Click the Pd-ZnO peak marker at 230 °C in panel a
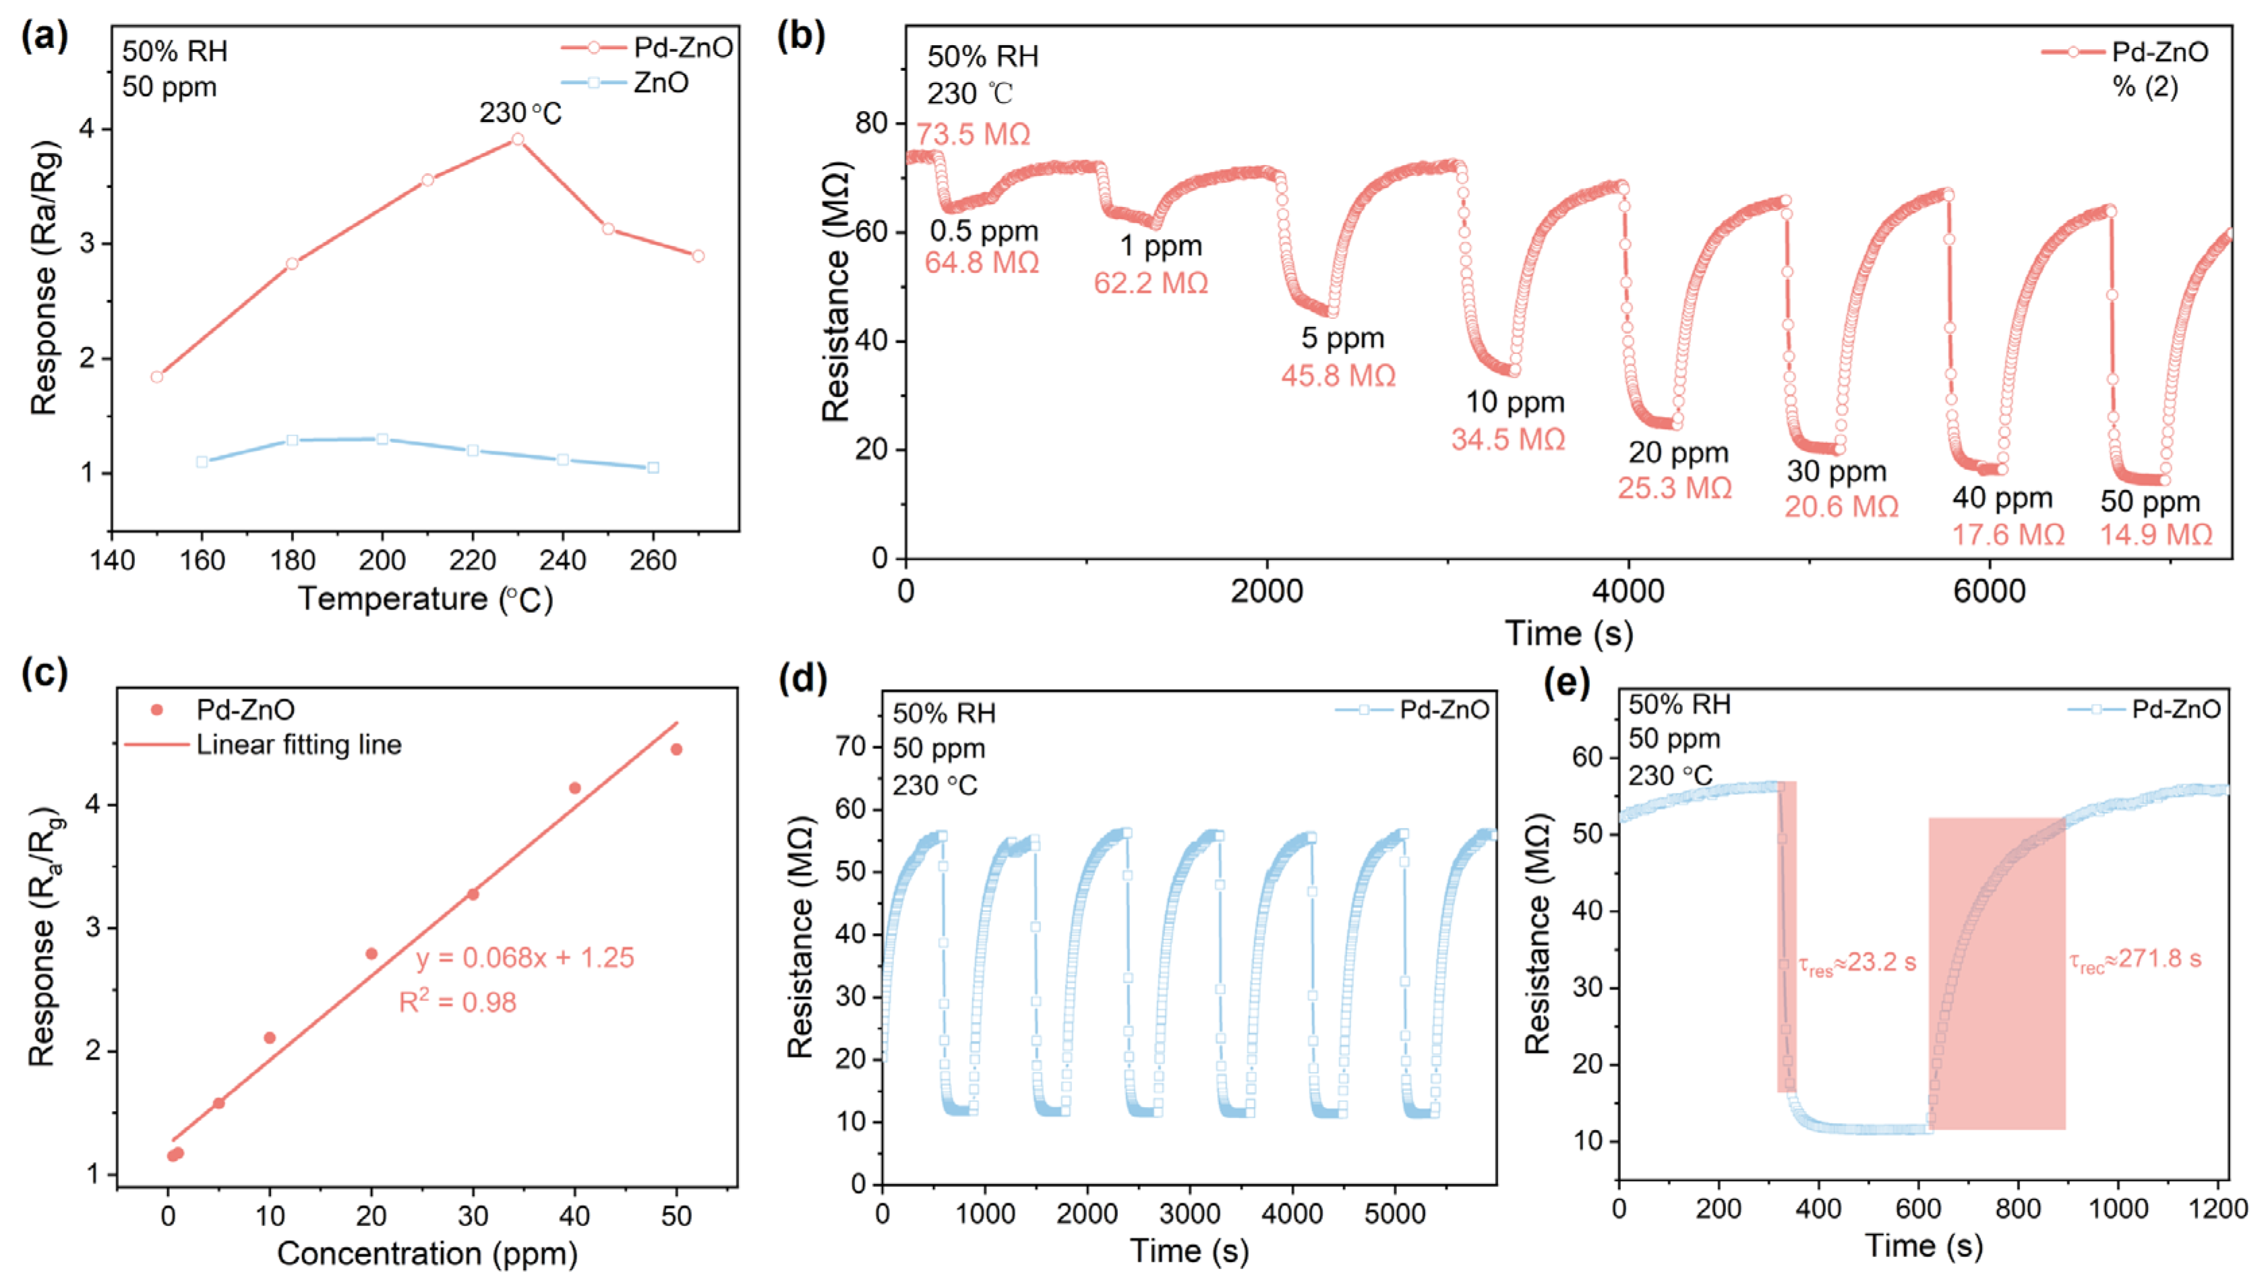(518, 140)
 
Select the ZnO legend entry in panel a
(660, 83)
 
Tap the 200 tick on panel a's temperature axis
(382, 560)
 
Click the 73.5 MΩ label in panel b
(973, 134)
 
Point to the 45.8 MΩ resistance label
(1338, 376)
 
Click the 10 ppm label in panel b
(1515, 402)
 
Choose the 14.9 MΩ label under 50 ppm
(2155, 535)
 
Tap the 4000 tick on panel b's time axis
(1628, 591)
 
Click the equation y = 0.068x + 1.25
(525, 957)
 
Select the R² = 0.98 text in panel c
(458, 1003)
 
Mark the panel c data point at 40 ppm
(574, 788)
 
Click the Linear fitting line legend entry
(298, 745)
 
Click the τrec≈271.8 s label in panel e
(2135, 959)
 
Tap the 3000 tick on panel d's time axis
(1189, 1214)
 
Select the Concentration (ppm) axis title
(427, 1253)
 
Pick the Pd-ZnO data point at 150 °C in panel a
(157, 377)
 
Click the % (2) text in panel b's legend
(2145, 88)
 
